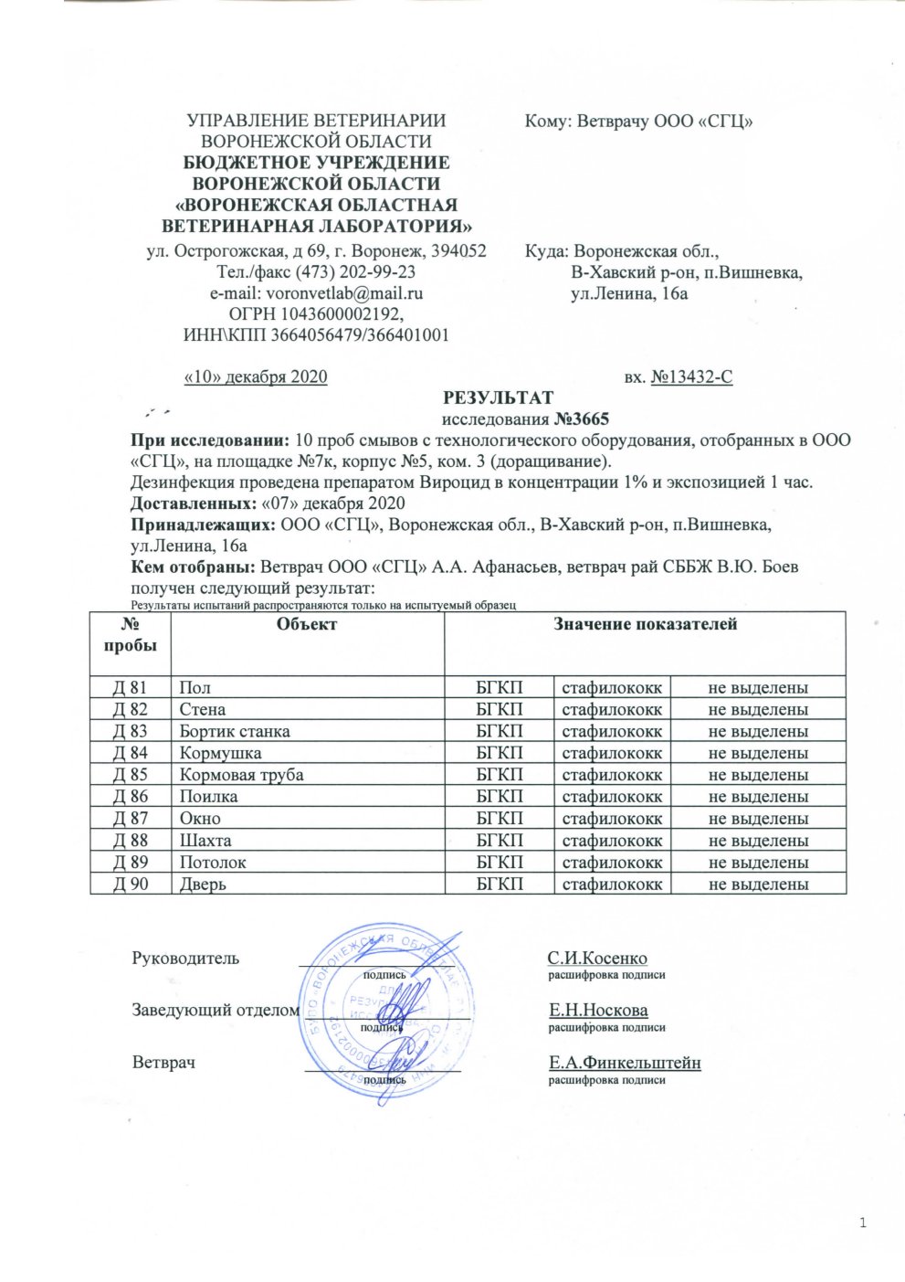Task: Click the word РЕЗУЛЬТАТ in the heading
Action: [498, 398]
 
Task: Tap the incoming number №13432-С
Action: [691, 376]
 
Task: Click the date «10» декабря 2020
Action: [256, 376]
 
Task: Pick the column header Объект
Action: [307, 624]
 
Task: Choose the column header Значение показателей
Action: [645, 624]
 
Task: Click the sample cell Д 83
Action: [130, 731]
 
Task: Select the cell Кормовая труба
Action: [241, 775]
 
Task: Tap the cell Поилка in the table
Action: [208, 797]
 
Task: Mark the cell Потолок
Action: [213, 863]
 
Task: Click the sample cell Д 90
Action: [130, 885]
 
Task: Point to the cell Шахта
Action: [205, 841]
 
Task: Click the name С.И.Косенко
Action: [597, 959]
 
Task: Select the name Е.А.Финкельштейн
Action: [625, 1063]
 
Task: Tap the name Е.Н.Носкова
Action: [598, 1011]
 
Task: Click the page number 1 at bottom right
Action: [863, 1224]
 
